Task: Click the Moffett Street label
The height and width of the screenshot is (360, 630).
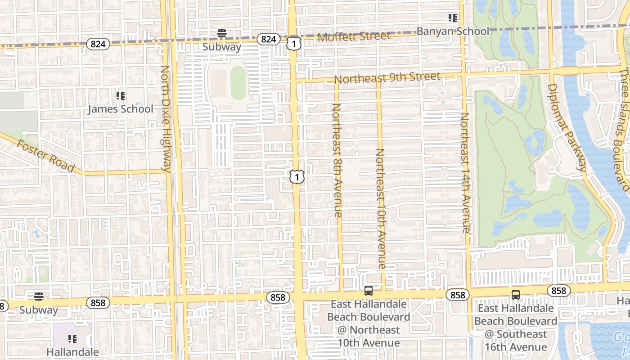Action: click(x=354, y=36)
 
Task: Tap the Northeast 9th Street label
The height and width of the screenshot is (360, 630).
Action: click(x=387, y=78)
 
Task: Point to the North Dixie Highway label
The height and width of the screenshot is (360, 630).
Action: click(x=166, y=119)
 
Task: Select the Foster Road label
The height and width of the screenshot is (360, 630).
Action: click(x=45, y=156)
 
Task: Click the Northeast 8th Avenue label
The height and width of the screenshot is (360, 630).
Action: click(x=337, y=160)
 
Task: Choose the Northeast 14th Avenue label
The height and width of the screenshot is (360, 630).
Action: click(x=465, y=173)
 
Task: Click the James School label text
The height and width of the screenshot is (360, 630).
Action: click(x=120, y=109)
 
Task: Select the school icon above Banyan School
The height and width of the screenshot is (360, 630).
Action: click(x=452, y=18)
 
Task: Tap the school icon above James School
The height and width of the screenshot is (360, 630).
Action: click(x=120, y=95)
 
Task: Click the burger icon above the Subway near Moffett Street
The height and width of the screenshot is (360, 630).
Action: click(x=221, y=33)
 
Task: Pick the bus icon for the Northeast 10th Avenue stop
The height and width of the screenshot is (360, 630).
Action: click(x=369, y=291)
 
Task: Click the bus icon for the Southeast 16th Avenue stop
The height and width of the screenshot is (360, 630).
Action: click(x=516, y=295)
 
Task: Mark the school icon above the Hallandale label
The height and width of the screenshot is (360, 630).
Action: click(x=72, y=338)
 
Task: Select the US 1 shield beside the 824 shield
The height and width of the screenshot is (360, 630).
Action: click(x=293, y=43)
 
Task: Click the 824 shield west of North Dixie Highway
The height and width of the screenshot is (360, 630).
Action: click(x=98, y=44)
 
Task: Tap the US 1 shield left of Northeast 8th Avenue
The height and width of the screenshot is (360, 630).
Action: click(x=297, y=176)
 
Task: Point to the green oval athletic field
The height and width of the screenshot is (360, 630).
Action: click(x=238, y=83)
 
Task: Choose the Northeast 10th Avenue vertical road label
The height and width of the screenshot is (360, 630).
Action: click(x=381, y=209)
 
